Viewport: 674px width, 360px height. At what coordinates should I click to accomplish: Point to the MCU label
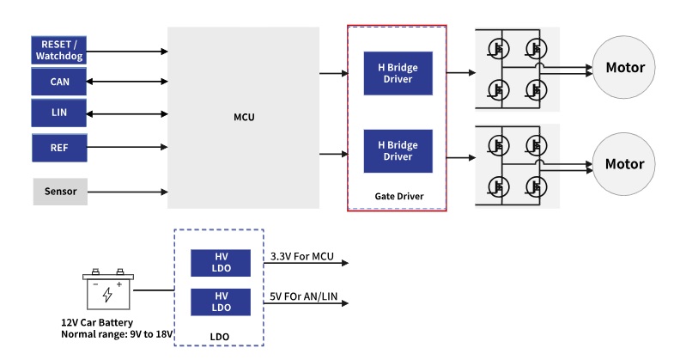coord(244,116)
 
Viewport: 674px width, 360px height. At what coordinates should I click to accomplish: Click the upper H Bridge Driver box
coord(398,74)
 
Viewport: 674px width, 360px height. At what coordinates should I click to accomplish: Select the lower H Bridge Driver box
coord(398,151)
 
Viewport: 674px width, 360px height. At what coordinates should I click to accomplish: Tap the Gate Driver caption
coord(399,197)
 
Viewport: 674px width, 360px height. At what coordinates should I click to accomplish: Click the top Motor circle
coord(625,68)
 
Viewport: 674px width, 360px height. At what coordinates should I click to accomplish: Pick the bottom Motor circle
coord(625,163)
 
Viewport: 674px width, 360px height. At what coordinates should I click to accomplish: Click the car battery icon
coord(107,291)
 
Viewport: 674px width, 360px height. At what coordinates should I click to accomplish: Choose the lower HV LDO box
coord(220,302)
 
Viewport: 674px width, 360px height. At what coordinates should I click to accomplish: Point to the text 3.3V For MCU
coord(301,255)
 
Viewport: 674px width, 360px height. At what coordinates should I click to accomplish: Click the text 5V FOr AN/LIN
coord(305,296)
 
